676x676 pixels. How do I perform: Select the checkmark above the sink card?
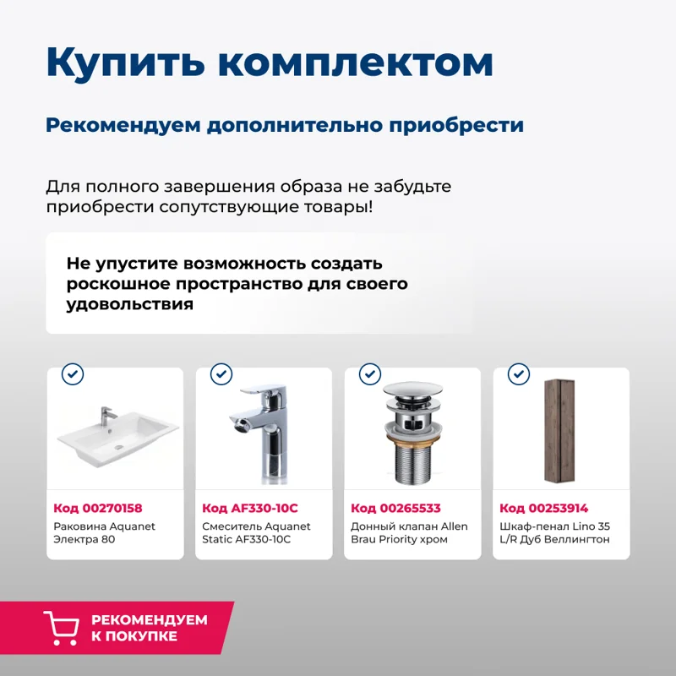tap(73, 374)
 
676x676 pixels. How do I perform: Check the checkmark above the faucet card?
tap(221, 374)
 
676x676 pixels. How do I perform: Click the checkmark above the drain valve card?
tap(370, 374)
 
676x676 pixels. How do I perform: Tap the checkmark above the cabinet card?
tap(518, 374)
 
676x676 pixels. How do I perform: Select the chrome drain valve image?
tap(412, 433)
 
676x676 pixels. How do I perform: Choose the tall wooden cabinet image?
tap(560, 432)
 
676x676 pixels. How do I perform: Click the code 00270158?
tap(98, 508)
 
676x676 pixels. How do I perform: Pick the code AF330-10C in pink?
tap(250, 508)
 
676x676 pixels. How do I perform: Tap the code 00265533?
tap(395, 508)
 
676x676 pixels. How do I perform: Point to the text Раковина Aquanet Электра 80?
tap(105, 532)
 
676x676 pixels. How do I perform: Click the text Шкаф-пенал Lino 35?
tap(554, 526)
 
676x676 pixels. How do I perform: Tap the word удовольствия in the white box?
tap(129, 304)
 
